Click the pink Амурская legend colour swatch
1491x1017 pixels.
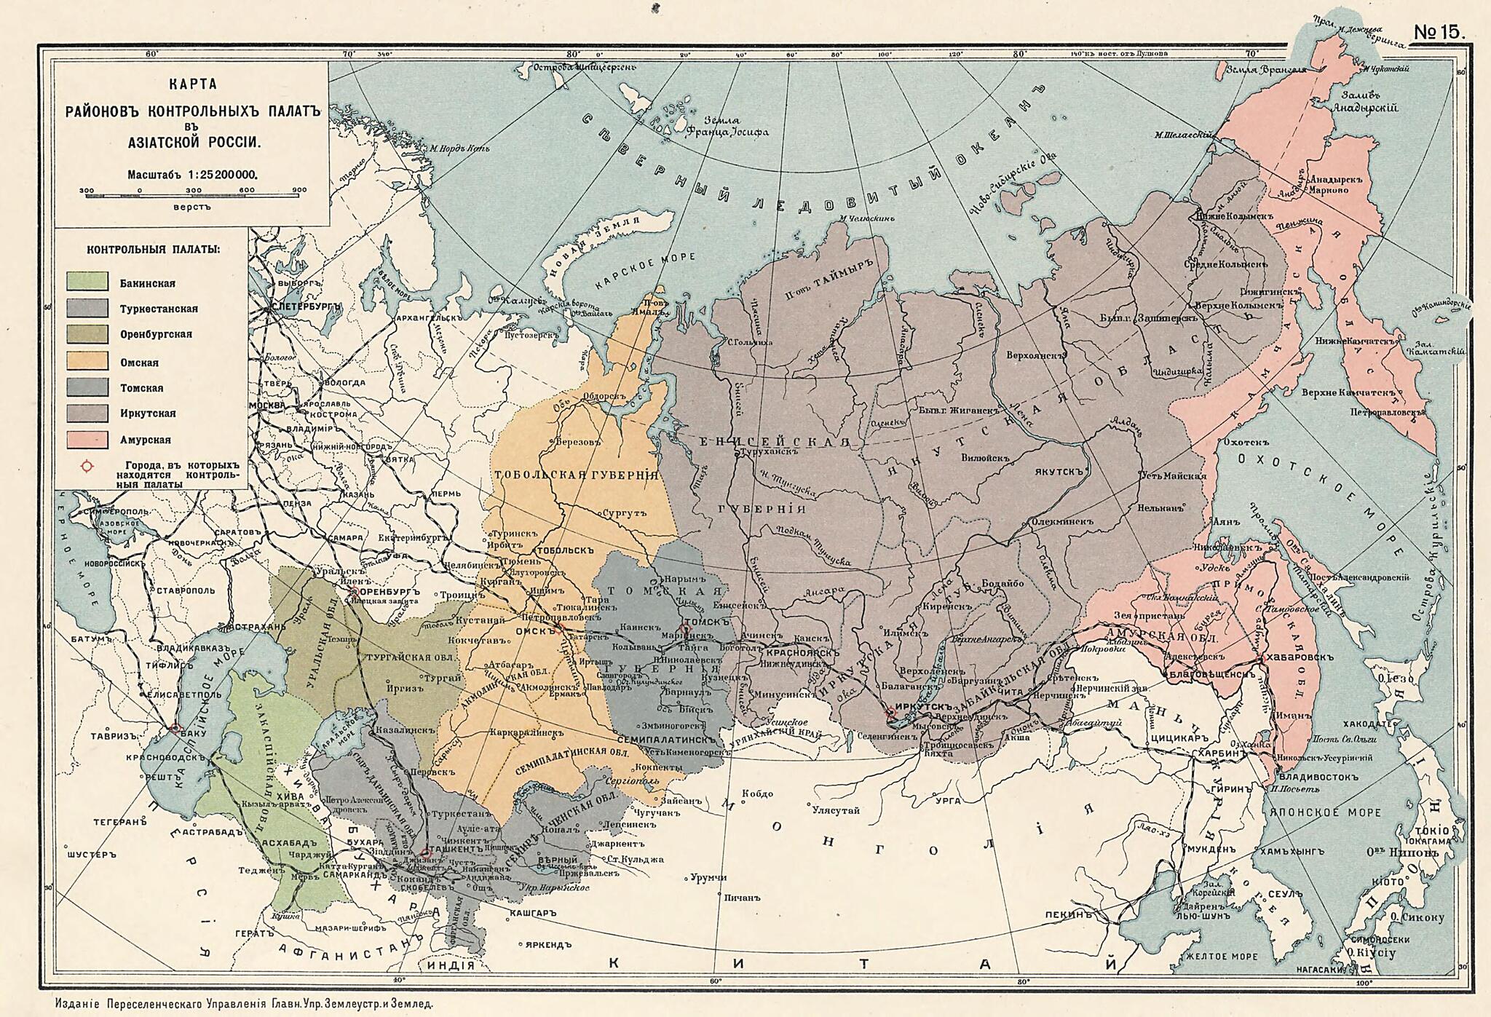pos(87,440)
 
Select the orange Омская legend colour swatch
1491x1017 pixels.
pos(87,362)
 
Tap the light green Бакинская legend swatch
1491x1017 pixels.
pos(87,282)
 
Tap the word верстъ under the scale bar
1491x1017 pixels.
pos(192,207)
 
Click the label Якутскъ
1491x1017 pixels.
pos(1061,471)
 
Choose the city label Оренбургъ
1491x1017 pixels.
pos(390,592)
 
